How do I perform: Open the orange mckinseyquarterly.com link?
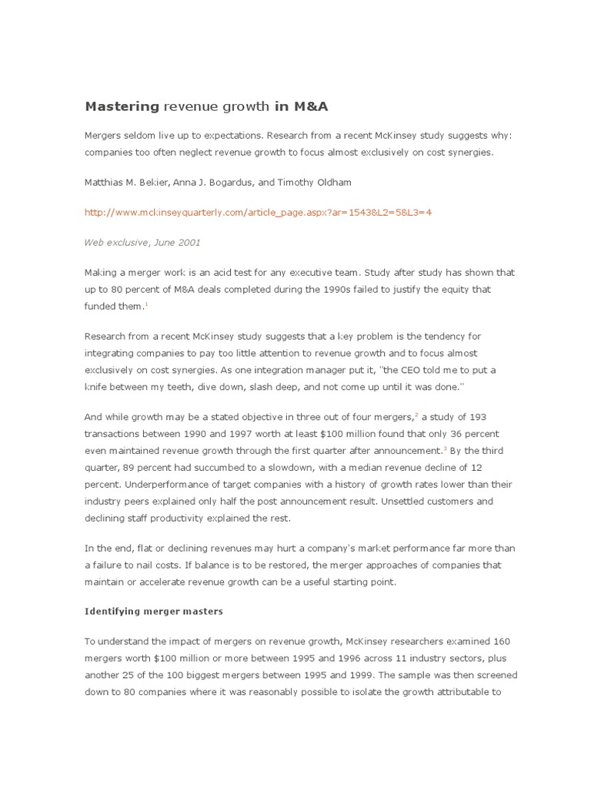coord(259,212)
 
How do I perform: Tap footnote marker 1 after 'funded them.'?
coord(146,304)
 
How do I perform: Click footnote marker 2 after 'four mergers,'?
coord(417,415)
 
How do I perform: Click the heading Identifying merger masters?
coord(153,611)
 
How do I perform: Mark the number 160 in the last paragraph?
coord(496,642)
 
